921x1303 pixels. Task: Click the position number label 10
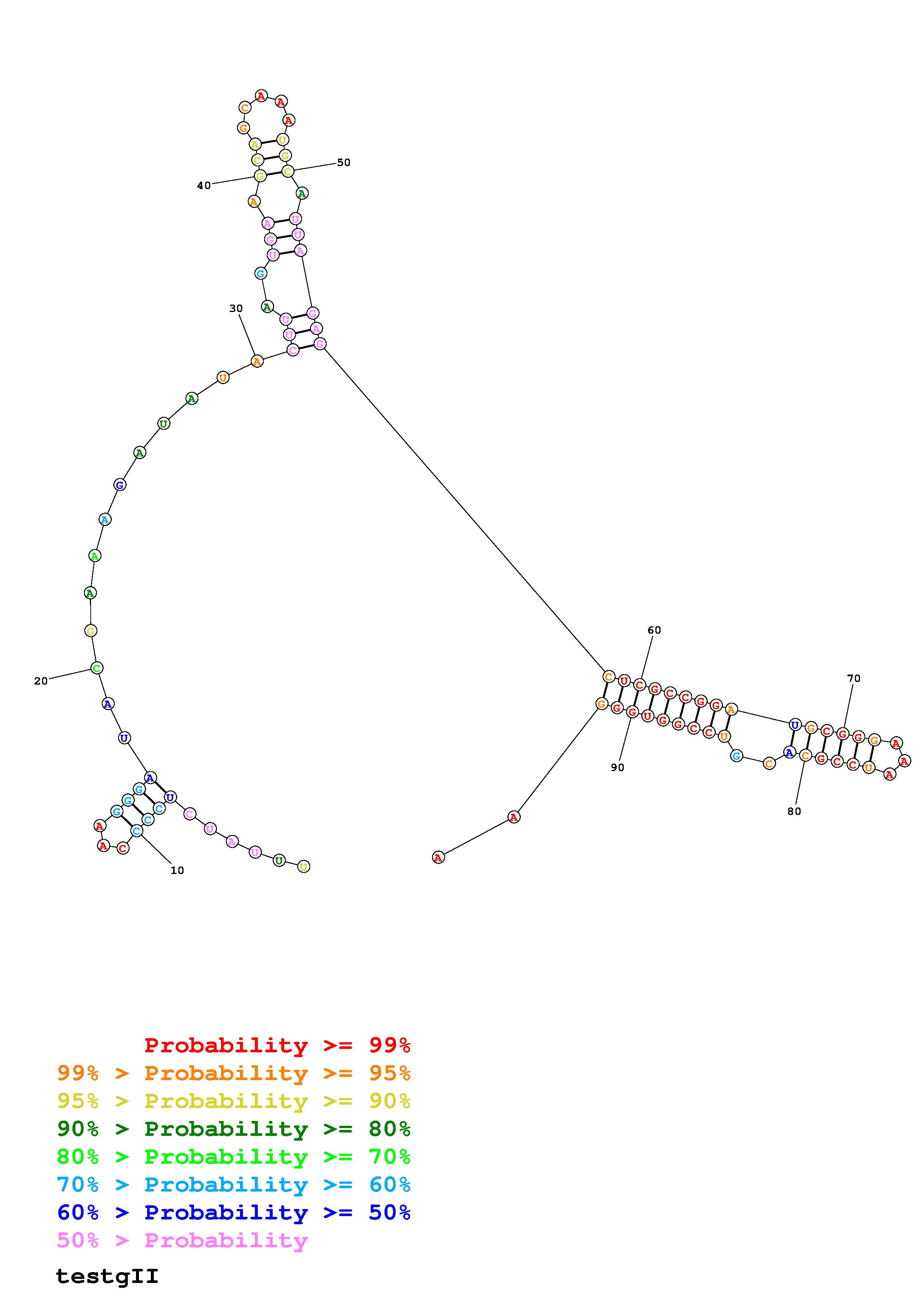tap(177, 871)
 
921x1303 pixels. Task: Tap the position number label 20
tap(41, 681)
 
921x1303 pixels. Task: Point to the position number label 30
tap(236, 308)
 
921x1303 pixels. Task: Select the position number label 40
tap(204, 186)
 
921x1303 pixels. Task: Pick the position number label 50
tap(344, 162)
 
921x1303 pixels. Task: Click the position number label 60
tap(654, 630)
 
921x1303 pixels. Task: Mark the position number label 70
tap(853, 678)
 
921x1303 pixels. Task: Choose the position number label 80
tap(794, 812)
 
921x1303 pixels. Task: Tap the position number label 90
tap(617, 767)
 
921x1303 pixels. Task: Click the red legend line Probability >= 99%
tap(278, 1045)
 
